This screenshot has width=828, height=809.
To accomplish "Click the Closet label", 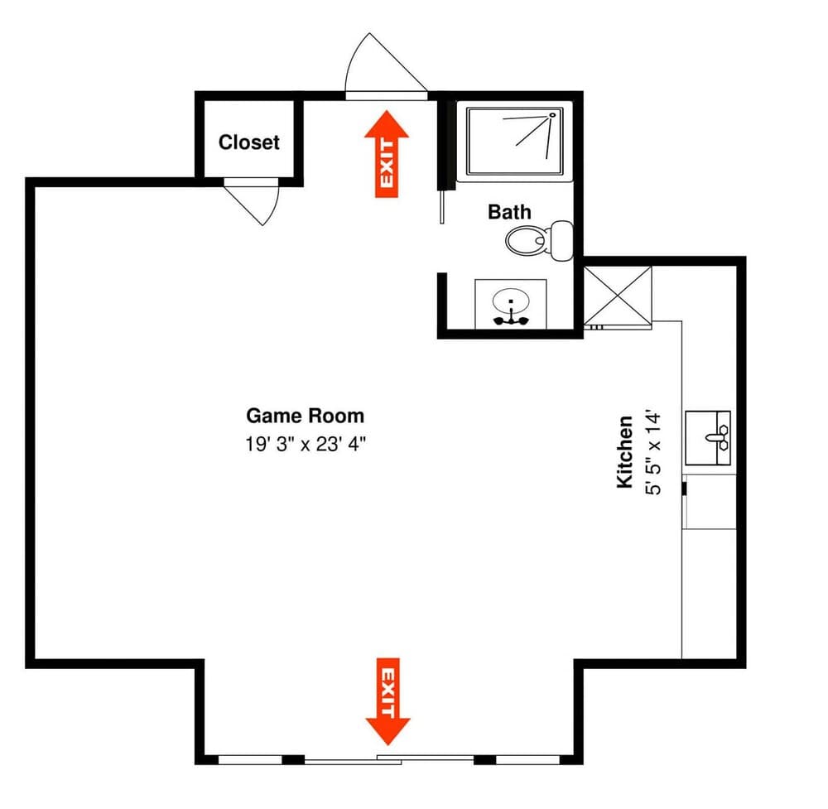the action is (x=248, y=142).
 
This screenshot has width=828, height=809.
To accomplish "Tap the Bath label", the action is (x=509, y=212).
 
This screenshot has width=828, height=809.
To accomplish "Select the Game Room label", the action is (x=306, y=416).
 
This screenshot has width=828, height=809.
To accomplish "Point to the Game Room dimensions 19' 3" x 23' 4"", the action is (x=306, y=444).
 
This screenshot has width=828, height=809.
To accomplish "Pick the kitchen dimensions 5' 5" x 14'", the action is (x=653, y=453).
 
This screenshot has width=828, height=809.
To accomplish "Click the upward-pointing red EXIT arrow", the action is (x=387, y=154).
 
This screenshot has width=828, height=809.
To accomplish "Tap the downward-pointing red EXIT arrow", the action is (x=388, y=701).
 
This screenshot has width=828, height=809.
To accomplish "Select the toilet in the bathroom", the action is (x=539, y=241).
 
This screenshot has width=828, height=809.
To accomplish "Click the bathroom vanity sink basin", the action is (x=511, y=301).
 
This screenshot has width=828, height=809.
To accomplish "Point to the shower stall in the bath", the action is (x=514, y=142).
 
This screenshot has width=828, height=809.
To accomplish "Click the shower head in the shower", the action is (x=552, y=114).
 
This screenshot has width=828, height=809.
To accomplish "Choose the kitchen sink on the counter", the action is (x=708, y=438).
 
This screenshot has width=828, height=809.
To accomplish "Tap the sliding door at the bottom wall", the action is (x=389, y=760).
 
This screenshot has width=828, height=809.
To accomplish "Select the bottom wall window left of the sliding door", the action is (x=250, y=760).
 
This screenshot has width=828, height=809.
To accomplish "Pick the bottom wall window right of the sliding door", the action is (x=527, y=760).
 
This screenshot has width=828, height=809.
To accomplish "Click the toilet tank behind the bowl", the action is (x=562, y=241).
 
